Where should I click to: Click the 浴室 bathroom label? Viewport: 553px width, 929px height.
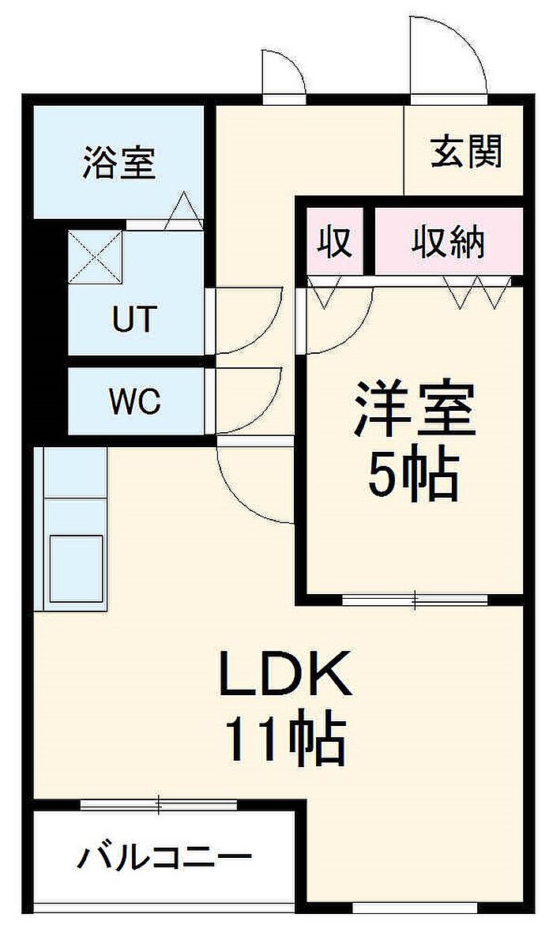[119, 163]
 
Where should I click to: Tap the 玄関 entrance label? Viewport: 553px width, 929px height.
[466, 151]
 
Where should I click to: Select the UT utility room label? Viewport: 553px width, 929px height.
[135, 318]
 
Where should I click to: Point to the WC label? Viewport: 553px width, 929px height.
[134, 401]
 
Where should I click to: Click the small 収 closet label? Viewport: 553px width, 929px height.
[335, 242]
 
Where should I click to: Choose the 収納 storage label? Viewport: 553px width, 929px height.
[448, 242]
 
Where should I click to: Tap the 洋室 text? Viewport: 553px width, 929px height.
[414, 409]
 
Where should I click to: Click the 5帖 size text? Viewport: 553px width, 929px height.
[414, 475]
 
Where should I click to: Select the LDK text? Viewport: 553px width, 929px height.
[285, 674]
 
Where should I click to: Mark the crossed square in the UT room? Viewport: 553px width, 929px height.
[96, 258]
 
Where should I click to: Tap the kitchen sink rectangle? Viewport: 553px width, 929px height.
[76, 568]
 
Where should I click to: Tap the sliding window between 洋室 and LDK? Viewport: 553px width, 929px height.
[415, 600]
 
